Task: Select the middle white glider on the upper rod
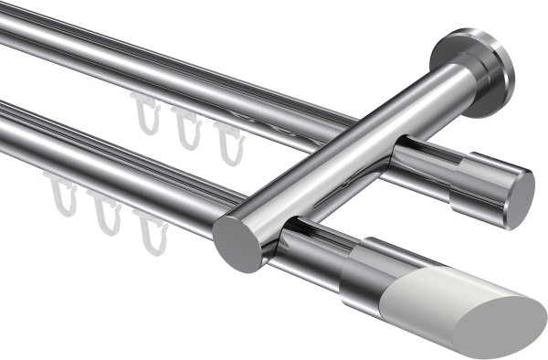(187, 131)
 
